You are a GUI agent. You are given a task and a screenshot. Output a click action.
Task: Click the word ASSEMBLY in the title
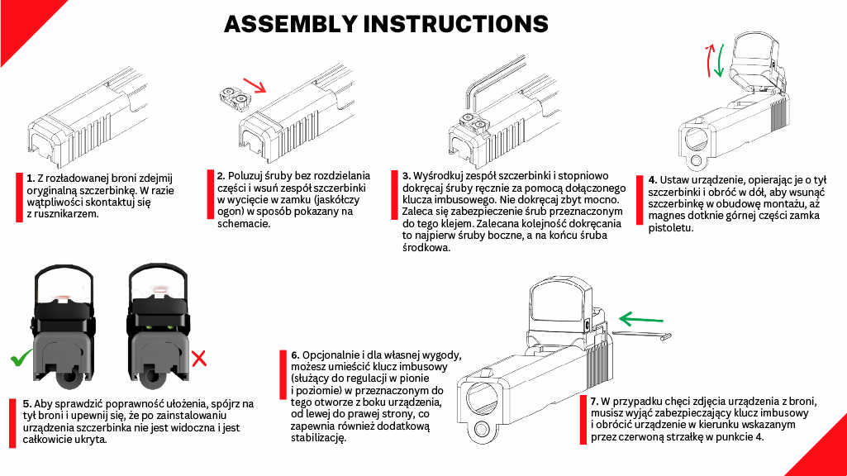(290, 24)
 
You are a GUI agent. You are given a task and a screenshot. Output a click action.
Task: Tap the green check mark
(21, 358)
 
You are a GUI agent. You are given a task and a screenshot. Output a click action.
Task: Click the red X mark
(199, 358)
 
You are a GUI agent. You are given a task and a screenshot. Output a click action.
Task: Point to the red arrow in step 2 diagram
(255, 85)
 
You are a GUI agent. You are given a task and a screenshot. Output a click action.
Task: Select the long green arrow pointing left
(640, 319)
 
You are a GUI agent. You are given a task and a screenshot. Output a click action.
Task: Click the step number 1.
(31, 178)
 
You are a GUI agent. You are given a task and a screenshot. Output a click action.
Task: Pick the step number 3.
(407, 176)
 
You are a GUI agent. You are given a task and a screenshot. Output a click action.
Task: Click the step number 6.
(295, 355)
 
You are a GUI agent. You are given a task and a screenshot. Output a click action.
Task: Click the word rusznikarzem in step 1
(67, 214)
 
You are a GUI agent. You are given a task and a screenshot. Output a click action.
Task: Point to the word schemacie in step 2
(243, 224)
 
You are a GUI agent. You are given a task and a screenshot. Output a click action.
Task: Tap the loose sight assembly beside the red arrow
(234, 98)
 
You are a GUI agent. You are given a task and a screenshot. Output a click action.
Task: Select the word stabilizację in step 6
(318, 438)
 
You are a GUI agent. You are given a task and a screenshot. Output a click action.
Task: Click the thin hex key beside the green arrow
(641, 335)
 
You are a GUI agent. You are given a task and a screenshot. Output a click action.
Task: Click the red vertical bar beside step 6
(283, 375)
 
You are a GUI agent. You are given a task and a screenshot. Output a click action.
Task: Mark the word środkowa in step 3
(426, 248)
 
